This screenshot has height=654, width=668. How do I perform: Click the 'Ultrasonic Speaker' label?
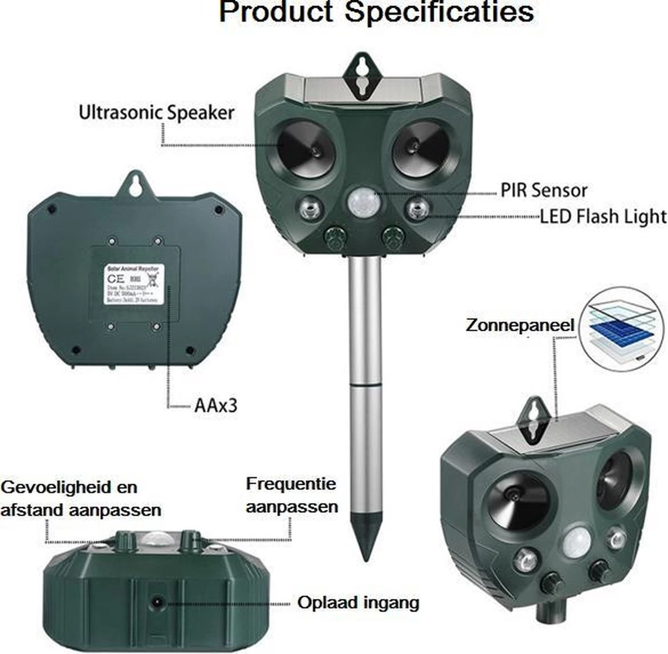[x=156, y=112]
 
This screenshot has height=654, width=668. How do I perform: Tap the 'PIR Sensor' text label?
[x=544, y=190]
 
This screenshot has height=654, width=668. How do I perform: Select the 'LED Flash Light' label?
[x=603, y=216]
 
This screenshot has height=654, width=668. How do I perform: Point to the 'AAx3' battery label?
[x=216, y=405]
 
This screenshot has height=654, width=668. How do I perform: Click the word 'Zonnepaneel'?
[x=520, y=326]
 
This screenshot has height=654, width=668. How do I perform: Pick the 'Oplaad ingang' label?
[x=358, y=602]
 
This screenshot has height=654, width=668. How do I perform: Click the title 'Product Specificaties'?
[x=376, y=12]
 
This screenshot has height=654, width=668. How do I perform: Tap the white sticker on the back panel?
[x=132, y=284]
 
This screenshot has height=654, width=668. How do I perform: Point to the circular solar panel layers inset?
[x=620, y=330]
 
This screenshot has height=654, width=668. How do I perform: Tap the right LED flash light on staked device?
[x=416, y=210]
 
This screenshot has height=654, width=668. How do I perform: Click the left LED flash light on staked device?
[x=309, y=210]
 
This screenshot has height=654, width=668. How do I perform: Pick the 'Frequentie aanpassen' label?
[x=291, y=495]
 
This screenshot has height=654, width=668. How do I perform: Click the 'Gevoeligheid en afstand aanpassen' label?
[x=81, y=498]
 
